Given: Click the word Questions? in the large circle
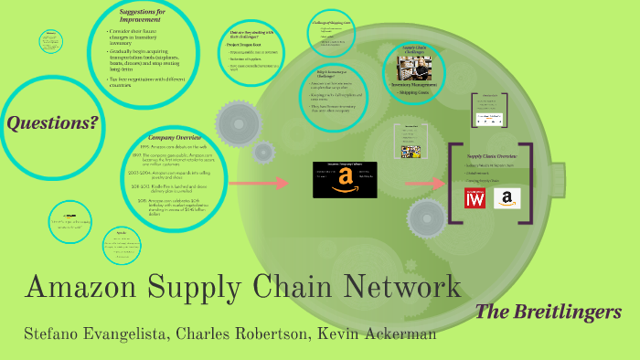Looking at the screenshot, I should [x=52, y=122].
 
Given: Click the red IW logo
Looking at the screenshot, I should [x=475, y=196].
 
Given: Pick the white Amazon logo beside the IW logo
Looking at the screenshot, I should [x=507, y=197].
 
